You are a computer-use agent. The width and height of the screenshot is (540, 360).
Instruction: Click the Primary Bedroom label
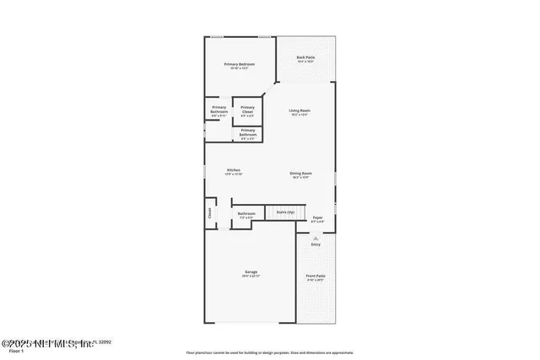(239, 65)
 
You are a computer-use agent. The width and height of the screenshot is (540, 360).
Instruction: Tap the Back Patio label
(305, 58)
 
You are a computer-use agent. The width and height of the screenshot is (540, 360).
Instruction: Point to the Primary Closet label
(248, 109)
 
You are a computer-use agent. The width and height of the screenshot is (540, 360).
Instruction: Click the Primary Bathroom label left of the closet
(219, 110)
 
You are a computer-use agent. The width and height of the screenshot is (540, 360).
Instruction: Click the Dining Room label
(301, 173)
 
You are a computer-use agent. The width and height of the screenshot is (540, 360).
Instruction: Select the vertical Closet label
(210, 213)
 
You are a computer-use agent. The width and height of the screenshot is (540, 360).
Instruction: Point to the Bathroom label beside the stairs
(246, 214)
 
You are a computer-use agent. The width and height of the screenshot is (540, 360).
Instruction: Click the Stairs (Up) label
(285, 212)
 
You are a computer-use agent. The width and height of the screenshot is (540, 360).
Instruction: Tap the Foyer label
(317, 218)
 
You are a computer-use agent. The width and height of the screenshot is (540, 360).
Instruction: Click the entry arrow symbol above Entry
(316, 238)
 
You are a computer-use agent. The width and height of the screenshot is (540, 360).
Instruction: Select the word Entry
(316, 244)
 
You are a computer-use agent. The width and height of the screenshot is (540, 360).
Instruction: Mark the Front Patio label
(316, 277)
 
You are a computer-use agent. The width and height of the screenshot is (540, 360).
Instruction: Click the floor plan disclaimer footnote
(270, 352)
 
